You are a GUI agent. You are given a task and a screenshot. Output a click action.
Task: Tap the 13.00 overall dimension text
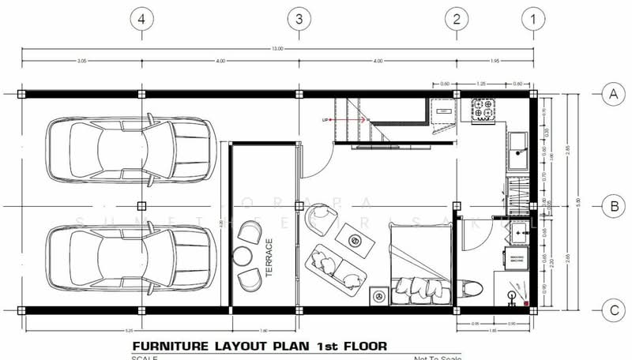point(277,49)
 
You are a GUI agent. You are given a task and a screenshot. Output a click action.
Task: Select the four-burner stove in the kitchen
point(483,109)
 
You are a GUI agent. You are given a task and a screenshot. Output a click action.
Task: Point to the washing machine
point(517,259)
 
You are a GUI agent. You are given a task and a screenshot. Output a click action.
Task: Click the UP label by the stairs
point(325,120)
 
